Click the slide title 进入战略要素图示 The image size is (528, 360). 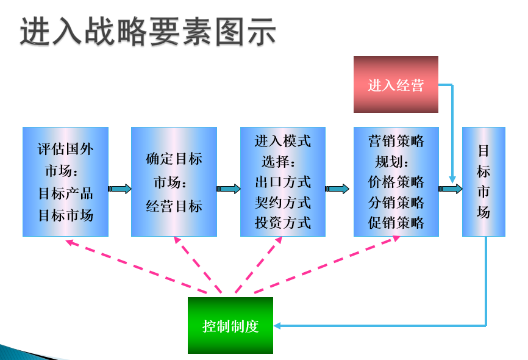click(148, 31)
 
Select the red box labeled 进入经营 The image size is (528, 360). click(396, 85)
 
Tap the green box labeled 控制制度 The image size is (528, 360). click(230, 326)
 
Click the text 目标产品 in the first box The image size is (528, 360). click(66, 194)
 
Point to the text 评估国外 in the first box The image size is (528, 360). click(66, 149)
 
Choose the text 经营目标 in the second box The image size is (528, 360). click(174, 206)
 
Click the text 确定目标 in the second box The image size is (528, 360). click(174, 159)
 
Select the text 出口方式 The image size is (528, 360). click(283, 182)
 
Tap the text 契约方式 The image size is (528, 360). click(283, 202)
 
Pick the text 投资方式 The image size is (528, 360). click(283, 222)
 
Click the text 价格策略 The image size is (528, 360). click(396, 182)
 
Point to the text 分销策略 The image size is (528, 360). click(396, 202)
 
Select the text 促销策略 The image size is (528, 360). click(396, 222)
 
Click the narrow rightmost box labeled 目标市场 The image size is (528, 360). click(483, 182)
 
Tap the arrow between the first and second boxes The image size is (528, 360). click(120, 189)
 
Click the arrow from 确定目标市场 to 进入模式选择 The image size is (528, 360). click(229, 189)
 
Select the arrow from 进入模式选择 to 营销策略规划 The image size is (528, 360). click(338, 189)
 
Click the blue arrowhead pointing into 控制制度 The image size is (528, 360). click(278, 326)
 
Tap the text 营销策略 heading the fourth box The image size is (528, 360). click(396, 142)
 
